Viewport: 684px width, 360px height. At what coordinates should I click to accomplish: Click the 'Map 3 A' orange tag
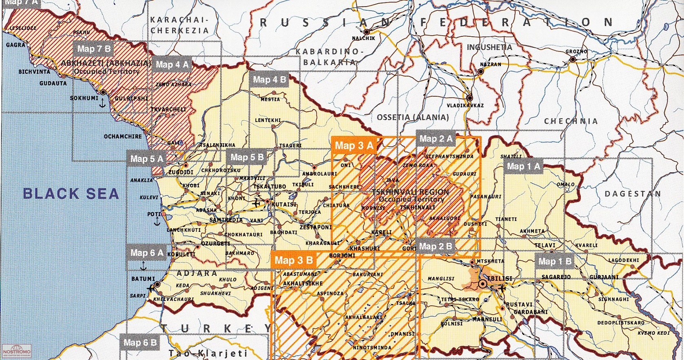[x=354, y=146]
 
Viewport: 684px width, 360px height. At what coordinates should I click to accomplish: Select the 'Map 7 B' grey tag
[x=94, y=49]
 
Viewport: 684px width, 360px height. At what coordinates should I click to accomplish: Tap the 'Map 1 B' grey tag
[x=554, y=262]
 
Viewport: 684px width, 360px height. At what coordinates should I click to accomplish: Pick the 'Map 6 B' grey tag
[x=140, y=342]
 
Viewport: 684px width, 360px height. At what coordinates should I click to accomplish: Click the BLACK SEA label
[x=71, y=193]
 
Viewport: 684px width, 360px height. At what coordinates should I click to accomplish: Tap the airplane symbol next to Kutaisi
[x=257, y=202]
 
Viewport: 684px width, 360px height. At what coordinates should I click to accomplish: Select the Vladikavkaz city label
[x=465, y=106]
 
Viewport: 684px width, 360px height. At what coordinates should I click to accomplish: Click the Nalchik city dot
[x=367, y=31]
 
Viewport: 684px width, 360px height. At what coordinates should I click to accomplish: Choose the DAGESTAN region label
[x=632, y=194]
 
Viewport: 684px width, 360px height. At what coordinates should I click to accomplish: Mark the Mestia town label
[x=270, y=99]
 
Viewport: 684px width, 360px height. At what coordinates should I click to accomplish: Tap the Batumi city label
[x=143, y=279]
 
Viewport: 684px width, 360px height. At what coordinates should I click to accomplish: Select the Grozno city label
[x=576, y=52]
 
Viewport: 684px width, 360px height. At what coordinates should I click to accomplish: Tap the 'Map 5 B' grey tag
[x=247, y=157]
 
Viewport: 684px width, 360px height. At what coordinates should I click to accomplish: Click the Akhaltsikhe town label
[x=303, y=283]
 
